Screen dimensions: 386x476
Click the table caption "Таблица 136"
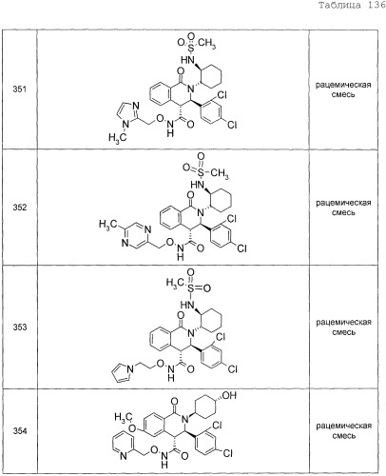352,6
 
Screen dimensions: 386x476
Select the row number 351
20,89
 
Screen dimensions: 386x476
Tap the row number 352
20,208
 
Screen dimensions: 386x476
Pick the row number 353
20,327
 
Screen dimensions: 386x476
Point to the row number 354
20,430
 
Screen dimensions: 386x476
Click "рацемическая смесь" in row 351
343,89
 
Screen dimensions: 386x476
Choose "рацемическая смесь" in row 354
343,430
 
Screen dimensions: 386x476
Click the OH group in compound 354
229,395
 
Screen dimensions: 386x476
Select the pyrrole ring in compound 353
122,372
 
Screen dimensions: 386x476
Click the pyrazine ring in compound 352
135,236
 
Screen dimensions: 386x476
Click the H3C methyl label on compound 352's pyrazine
106,225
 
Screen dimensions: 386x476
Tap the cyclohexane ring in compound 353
210,319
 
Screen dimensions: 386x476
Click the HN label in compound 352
197,185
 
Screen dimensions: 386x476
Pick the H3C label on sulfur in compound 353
175,283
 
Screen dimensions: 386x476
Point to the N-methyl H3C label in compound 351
117,137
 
